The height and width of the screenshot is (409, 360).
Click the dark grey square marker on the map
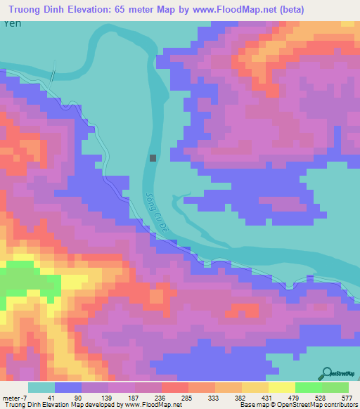tap(153, 158)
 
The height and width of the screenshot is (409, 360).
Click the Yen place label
tap(11, 23)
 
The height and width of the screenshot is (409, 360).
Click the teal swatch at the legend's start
tap(41, 387)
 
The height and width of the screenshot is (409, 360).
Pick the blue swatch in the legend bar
tap(68, 387)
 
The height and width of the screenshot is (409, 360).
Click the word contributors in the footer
tap(338, 405)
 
